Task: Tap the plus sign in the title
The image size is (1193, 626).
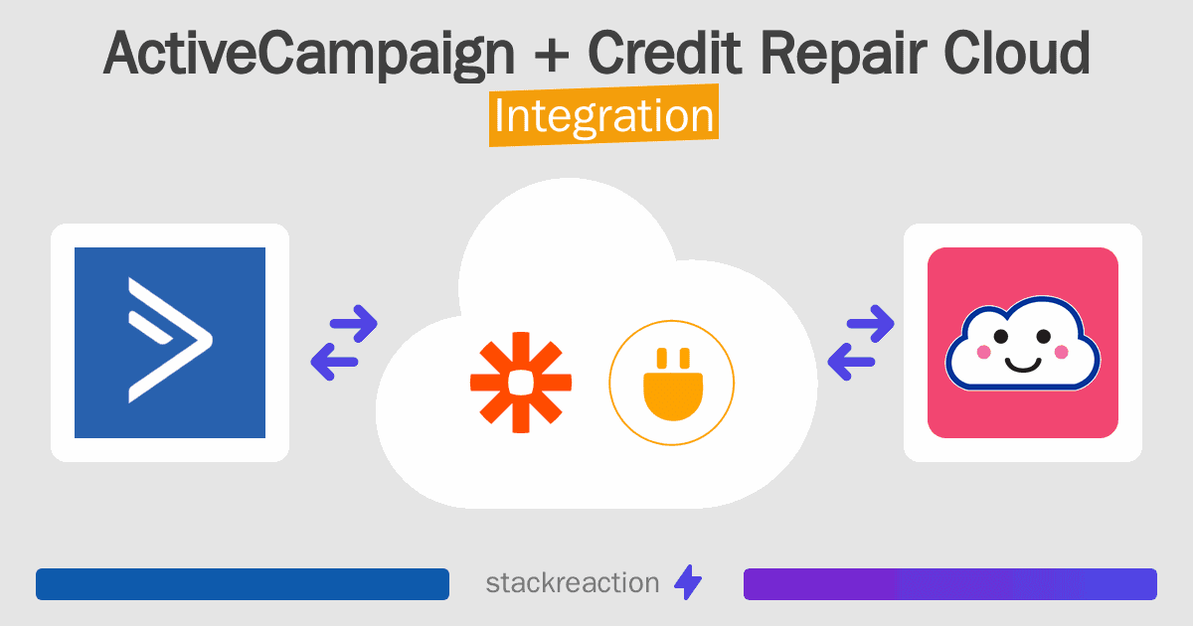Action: (x=551, y=56)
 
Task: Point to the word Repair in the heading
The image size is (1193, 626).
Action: (x=844, y=56)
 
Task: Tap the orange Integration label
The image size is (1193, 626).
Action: (x=604, y=115)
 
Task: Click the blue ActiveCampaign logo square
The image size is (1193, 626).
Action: (x=170, y=343)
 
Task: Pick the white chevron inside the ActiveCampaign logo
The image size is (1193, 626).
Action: (x=170, y=340)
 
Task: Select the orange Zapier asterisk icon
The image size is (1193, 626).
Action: (x=521, y=383)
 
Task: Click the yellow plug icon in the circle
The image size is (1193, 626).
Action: (x=673, y=384)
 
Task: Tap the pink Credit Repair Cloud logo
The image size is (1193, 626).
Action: (x=1023, y=343)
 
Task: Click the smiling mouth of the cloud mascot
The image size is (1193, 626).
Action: (x=1023, y=366)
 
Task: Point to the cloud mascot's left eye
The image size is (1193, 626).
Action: (x=1001, y=336)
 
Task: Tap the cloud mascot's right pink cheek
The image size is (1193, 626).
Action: (x=1061, y=352)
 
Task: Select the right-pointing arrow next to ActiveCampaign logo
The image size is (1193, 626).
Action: (x=354, y=323)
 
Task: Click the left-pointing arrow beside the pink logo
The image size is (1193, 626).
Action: (x=851, y=362)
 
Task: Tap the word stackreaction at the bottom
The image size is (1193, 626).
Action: (x=573, y=583)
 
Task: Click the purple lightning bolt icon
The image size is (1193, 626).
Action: (x=688, y=582)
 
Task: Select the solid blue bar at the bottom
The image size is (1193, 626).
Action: (x=243, y=584)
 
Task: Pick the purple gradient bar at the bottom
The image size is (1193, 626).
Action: (x=950, y=584)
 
